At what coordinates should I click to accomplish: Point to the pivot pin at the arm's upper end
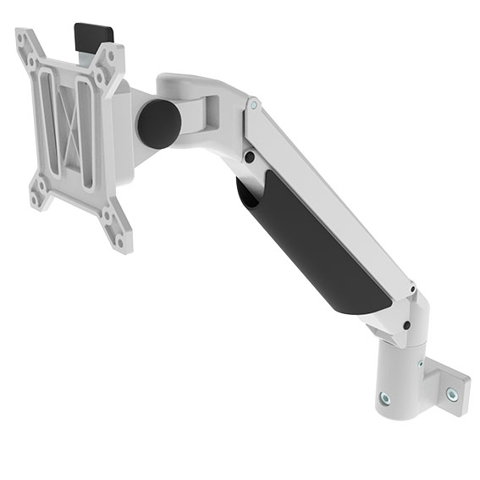tap(253, 105)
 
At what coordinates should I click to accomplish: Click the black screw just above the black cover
tap(250, 157)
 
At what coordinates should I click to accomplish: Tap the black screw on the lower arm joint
tap(407, 324)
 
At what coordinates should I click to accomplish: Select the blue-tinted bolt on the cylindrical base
tap(385, 396)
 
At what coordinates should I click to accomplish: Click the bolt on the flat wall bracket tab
tap(453, 394)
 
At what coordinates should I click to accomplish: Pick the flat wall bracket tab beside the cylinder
tap(447, 385)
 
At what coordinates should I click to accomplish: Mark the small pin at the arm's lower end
tap(412, 292)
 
